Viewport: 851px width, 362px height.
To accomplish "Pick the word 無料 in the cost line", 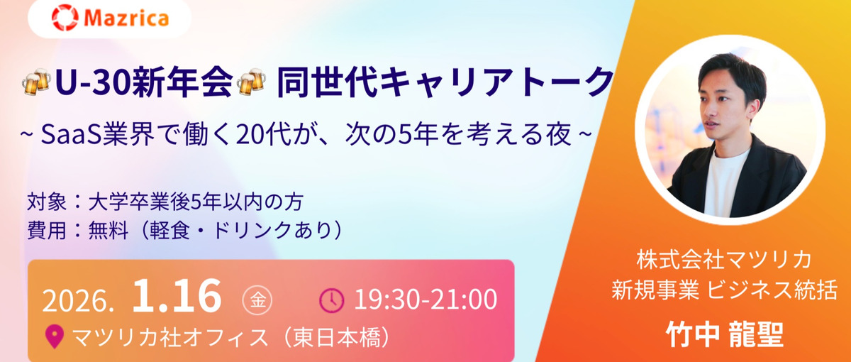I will [x=106, y=229].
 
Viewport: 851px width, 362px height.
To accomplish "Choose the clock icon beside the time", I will [x=331, y=300].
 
